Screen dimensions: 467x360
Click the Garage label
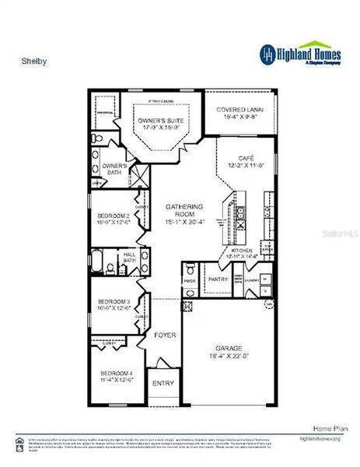click(x=227, y=349)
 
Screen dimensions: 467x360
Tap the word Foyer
click(x=164, y=335)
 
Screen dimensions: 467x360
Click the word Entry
click(x=163, y=383)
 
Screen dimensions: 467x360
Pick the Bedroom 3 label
click(x=113, y=302)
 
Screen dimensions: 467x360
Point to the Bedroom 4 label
click(x=117, y=374)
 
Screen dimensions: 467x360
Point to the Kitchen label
click(x=242, y=251)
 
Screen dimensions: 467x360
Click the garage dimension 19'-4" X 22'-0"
click(x=227, y=356)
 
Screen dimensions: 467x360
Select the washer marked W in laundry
click(x=265, y=277)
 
